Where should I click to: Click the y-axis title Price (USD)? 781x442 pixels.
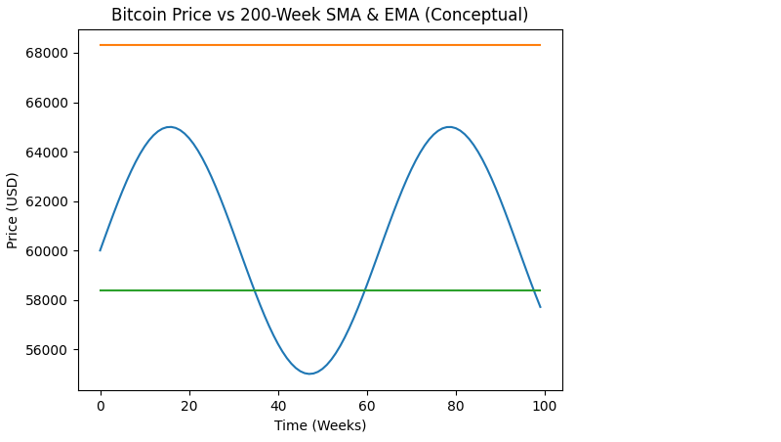pyautogui.click(x=13, y=210)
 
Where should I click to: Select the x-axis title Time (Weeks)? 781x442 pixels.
pyautogui.click(x=320, y=425)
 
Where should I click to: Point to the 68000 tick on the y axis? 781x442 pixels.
pyautogui.click(x=46, y=53)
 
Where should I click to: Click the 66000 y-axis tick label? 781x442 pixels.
pyautogui.click(x=46, y=103)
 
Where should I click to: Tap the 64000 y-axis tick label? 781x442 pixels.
pyautogui.click(x=46, y=153)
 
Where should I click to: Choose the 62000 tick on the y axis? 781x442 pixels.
pyautogui.click(x=46, y=201)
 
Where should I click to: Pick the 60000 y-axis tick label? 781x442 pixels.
pyautogui.click(x=46, y=251)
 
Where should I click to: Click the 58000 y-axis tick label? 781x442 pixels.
pyautogui.click(x=46, y=300)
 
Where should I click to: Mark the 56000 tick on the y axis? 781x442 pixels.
pyautogui.click(x=46, y=350)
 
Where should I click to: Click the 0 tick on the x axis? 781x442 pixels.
pyautogui.click(x=101, y=405)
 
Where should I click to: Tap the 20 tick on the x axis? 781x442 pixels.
pyautogui.click(x=189, y=405)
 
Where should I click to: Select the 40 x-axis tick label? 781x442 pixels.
pyautogui.click(x=278, y=405)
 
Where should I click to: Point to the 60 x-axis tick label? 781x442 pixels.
pyautogui.click(x=367, y=405)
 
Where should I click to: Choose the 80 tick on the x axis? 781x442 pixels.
pyautogui.click(x=456, y=405)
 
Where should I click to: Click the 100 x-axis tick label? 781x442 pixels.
pyautogui.click(x=545, y=405)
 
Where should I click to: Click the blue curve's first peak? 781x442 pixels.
pyautogui.click(x=170, y=127)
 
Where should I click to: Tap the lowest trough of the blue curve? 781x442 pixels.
pyautogui.click(x=309, y=374)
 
